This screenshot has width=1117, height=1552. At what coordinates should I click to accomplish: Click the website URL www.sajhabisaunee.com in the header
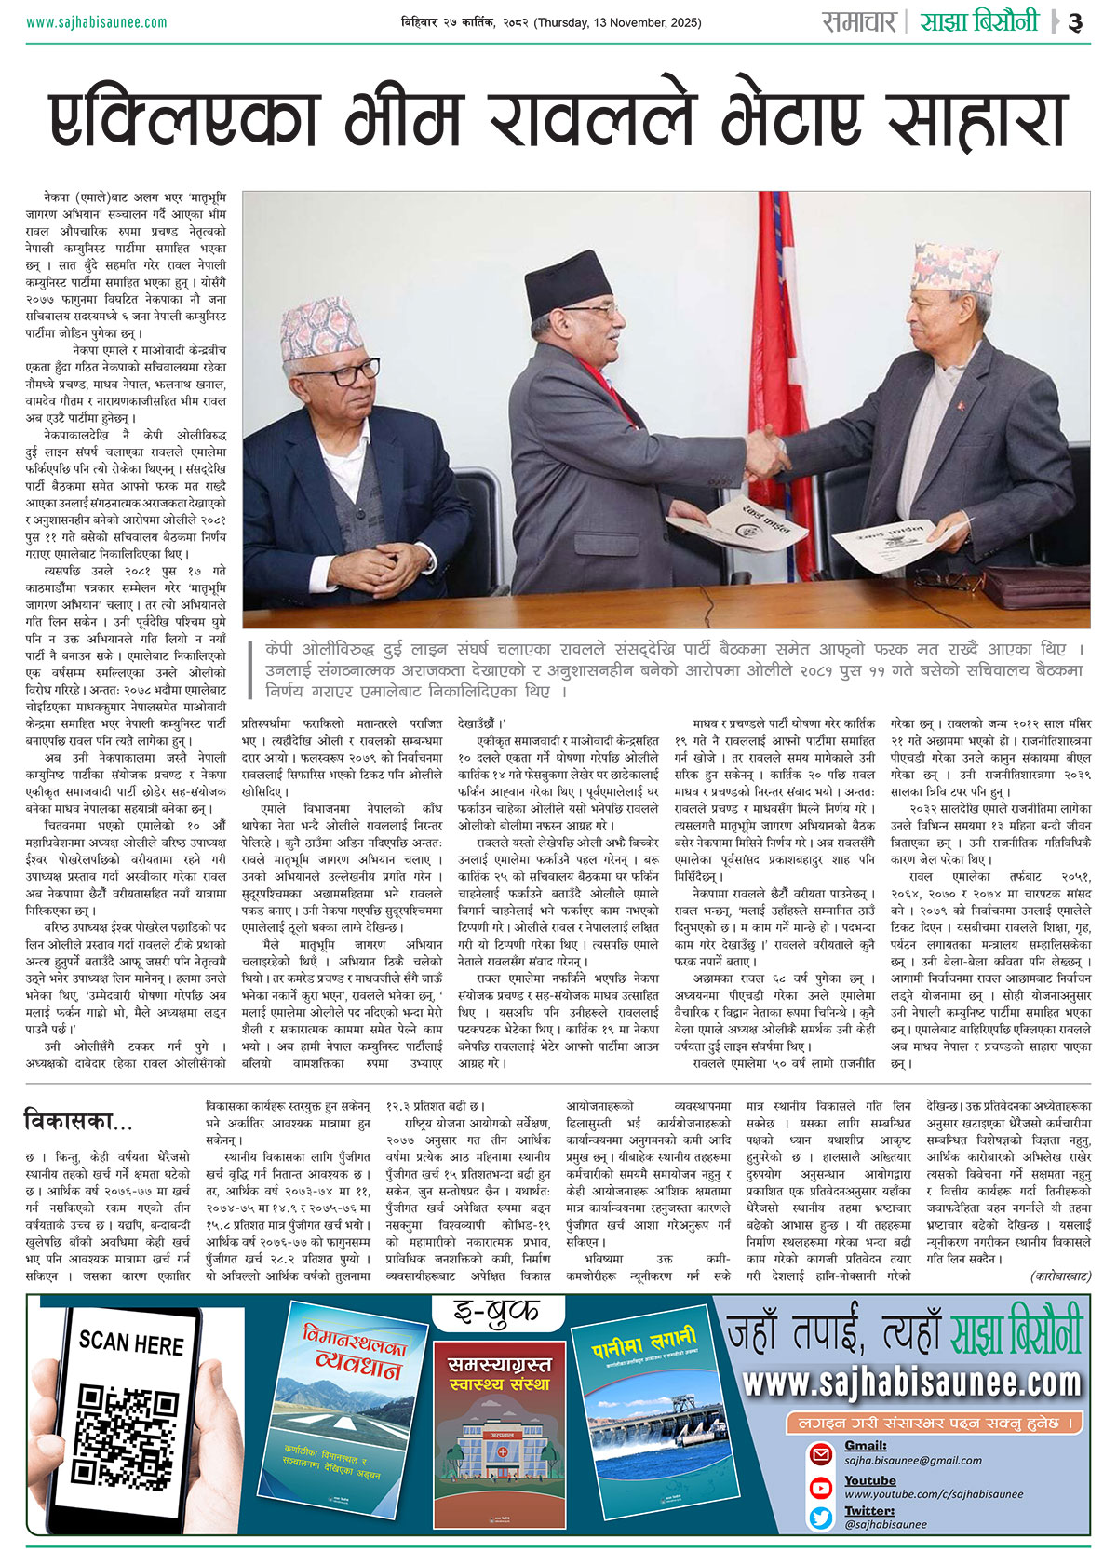97,22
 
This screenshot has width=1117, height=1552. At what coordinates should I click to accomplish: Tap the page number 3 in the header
1075,22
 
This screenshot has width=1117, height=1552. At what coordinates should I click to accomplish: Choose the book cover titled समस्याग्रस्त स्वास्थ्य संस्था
500,1439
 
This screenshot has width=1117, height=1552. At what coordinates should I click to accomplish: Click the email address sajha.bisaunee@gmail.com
900,1461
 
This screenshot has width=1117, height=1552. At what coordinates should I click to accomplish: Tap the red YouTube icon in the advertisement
820,1487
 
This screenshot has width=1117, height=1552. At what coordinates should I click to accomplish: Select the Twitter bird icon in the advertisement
820,1518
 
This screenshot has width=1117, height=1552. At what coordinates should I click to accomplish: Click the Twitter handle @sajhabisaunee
885,1525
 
